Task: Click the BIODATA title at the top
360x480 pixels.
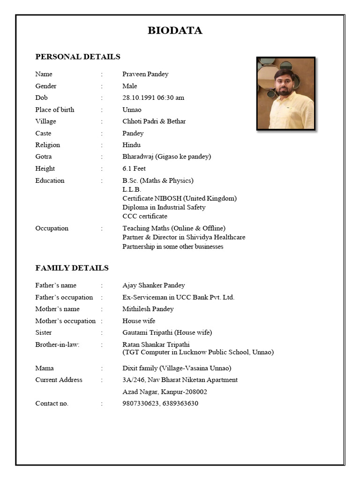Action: point(175,31)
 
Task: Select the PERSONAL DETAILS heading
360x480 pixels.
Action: point(78,57)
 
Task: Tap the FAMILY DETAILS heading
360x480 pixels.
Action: point(72,268)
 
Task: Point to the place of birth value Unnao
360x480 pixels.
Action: point(132,110)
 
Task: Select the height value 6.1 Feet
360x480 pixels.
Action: point(134,169)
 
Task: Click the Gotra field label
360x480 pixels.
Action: point(44,157)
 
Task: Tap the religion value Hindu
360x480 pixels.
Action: point(131,145)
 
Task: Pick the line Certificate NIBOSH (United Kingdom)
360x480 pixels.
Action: point(180,198)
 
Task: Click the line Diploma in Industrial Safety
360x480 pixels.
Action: point(164,207)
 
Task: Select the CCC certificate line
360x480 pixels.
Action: point(145,216)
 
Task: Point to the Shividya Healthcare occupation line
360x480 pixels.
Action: point(184,237)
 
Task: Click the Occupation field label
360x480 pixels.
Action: point(52,228)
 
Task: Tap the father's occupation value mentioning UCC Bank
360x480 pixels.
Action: point(178,297)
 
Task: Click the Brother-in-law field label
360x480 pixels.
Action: point(57,345)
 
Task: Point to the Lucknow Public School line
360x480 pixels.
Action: point(198,352)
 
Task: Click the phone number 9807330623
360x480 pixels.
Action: point(140,404)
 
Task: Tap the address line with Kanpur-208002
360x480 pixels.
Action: point(165,392)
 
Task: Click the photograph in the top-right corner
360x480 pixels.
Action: point(285,94)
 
